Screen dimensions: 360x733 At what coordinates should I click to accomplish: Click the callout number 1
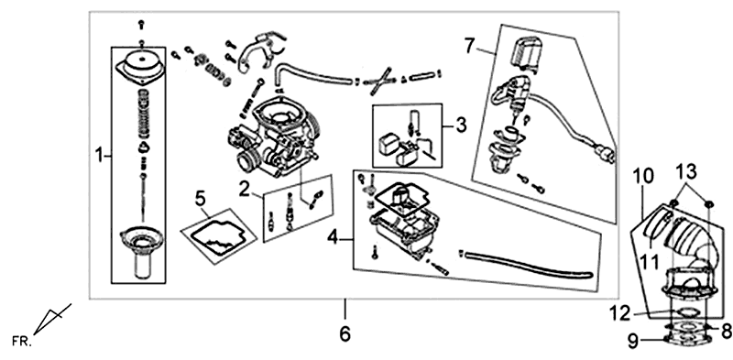pyautogui.click(x=98, y=158)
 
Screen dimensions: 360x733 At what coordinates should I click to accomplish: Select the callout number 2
pyautogui.click(x=245, y=189)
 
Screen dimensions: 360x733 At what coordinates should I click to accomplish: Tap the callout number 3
pyautogui.click(x=462, y=123)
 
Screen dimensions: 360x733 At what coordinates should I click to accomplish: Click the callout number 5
pyautogui.click(x=197, y=196)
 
